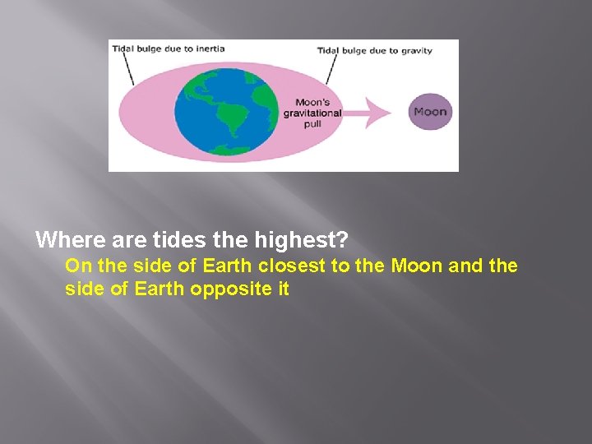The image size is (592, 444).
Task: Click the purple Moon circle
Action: pyautogui.click(x=430, y=112)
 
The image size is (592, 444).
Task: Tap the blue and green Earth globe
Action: pyautogui.click(x=226, y=112)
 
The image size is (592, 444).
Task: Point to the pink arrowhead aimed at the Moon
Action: pyautogui.click(x=384, y=112)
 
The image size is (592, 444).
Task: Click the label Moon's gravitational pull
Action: pyautogui.click(x=312, y=113)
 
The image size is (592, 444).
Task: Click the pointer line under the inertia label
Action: pyautogui.click(x=127, y=71)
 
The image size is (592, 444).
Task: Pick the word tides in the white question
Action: pyautogui.click(x=169, y=240)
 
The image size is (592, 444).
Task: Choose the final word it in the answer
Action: pyautogui.click(x=282, y=289)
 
